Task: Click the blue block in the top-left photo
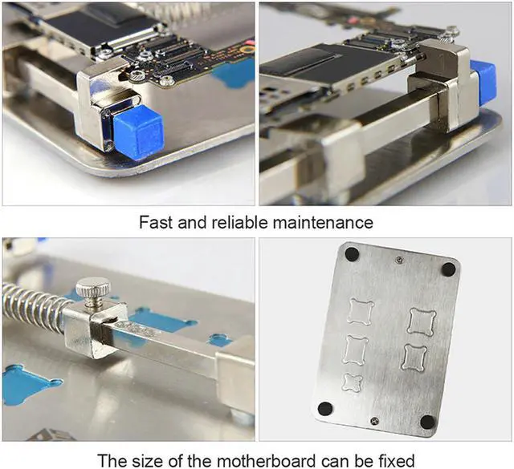[x=138, y=129]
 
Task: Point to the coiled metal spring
[x=32, y=304]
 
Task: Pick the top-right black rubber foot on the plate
[x=447, y=269]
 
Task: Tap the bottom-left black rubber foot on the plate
[x=324, y=408]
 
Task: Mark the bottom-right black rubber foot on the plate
[x=427, y=422]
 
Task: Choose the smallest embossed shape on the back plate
[x=353, y=382]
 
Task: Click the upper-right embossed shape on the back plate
[x=420, y=321]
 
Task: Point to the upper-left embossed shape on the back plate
[x=359, y=311]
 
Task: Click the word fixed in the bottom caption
[x=397, y=460]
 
